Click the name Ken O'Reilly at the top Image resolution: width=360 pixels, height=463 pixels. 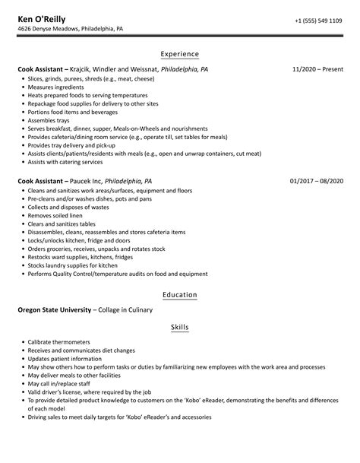47,17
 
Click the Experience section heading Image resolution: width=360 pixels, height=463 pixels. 180,54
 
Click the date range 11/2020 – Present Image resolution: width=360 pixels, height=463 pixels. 317,69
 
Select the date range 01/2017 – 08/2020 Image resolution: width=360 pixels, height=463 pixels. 317,182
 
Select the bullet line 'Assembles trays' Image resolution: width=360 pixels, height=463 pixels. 48,120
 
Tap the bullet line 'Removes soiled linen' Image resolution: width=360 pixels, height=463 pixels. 56,217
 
